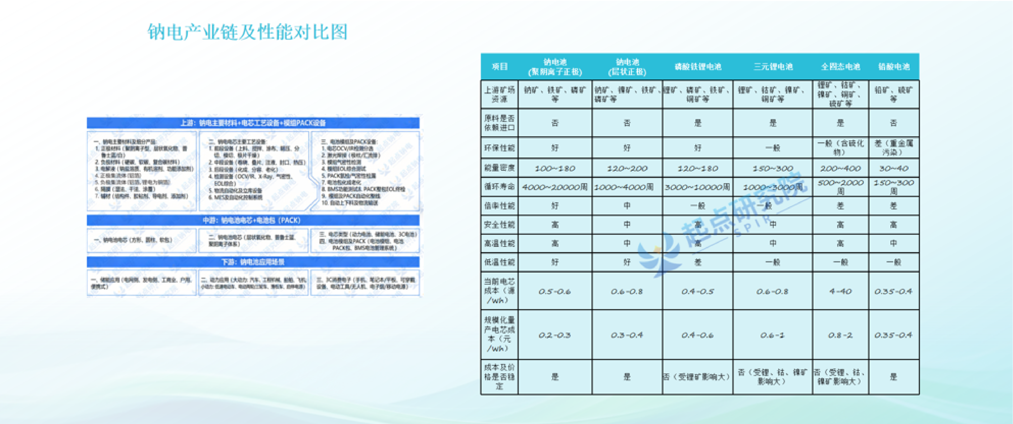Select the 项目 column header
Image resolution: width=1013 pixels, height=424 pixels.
[x=499, y=67]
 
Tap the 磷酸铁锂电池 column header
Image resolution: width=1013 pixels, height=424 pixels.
[x=698, y=67]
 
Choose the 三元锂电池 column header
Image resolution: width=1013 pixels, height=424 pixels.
[x=773, y=67]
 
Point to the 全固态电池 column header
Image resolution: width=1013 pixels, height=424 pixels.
[x=840, y=67]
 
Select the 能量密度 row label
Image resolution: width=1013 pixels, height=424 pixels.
[x=499, y=168]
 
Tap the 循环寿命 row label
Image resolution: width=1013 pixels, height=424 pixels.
[x=499, y=187]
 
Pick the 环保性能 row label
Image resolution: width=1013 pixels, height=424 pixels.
[x=499, y=148]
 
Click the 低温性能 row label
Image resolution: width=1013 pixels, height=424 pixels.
[x=499, y=262]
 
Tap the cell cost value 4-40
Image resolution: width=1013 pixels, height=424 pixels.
[x=840, y=291]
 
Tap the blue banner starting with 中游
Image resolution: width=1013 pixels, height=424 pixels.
[x=253, y=220]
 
